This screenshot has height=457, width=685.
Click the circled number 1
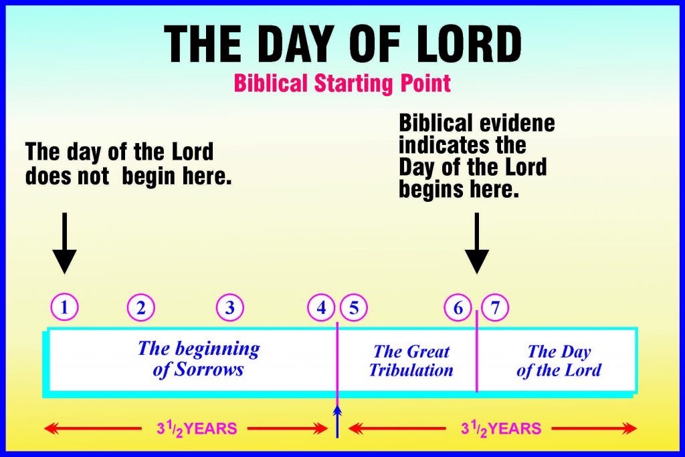pos(65,307)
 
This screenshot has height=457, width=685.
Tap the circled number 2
pos(141,307)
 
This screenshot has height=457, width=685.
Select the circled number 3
pos(230,307)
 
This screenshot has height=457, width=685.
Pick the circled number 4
pos(321,307)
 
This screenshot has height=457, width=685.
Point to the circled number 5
pos(354,307)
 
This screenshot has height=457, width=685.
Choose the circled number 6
pos(458,307)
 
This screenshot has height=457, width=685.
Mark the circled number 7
pos(495,307)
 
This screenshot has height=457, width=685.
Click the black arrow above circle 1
pos(65,243)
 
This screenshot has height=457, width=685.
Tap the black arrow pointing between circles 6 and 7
pos(476,243)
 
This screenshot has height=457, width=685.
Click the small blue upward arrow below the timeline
pos(337,422)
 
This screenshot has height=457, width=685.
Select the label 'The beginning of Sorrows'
pos(199,359)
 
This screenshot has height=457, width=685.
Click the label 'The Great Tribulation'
pos(411,361)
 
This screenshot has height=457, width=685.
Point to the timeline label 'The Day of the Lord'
pos(559,361)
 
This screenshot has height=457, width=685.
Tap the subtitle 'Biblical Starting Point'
pos(342,83)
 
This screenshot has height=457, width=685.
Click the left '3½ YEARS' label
pos(197,429)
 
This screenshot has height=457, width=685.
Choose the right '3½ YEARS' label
pos(501,429)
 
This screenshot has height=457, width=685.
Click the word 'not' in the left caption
pos(93,177)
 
